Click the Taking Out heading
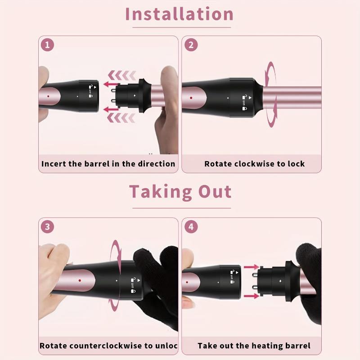[180, 192]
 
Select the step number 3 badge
[47, 227]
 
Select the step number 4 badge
[191, 227]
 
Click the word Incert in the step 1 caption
[54, 164]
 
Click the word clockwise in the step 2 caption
[253, 164]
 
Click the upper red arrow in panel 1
[111, 84]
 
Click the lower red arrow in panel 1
[111, 109]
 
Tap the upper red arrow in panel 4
[251, 268]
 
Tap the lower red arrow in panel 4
[251, 296]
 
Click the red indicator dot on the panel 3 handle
[79, 280]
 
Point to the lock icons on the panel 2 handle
[246, 102]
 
